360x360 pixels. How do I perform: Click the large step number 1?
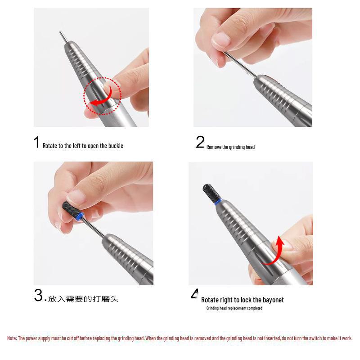36,142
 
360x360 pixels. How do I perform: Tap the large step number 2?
200,142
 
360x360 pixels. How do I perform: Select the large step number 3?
38,295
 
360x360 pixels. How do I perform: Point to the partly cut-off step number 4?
194,294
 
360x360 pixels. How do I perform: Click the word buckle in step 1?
116,146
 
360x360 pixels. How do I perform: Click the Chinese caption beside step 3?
83,299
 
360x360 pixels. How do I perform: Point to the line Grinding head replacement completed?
234,308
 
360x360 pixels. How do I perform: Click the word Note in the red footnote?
12,338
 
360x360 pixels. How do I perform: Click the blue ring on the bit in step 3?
80,216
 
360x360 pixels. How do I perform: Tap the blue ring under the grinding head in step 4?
218,201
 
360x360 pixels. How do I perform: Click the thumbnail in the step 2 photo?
220,40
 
